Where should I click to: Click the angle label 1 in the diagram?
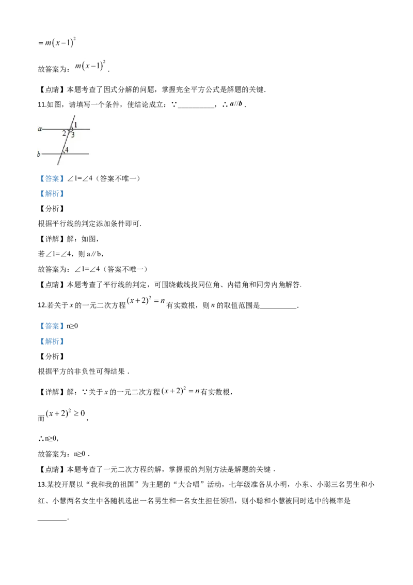(x=75, y=125)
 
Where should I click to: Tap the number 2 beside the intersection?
(x=64, y=133)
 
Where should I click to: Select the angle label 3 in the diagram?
(x=73, y=135)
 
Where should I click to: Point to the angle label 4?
(x=67, y=150)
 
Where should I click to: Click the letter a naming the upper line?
(x=39, y=129)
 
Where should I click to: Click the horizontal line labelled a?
(x=83, y=129)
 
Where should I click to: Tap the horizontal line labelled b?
(x=80, y=154)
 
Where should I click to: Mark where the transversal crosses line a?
(x=70, y=129)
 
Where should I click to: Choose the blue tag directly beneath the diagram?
(x=52, y=178)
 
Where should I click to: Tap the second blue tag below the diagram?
(x=52, y=194)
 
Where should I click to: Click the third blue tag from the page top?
(x=52, y=326)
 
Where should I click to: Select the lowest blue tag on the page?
(x=52, y=342)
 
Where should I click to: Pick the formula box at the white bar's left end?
(x=89, y=65)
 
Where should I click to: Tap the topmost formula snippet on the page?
(x=56, y=42)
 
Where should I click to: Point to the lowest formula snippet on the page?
(x=64, y=413)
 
